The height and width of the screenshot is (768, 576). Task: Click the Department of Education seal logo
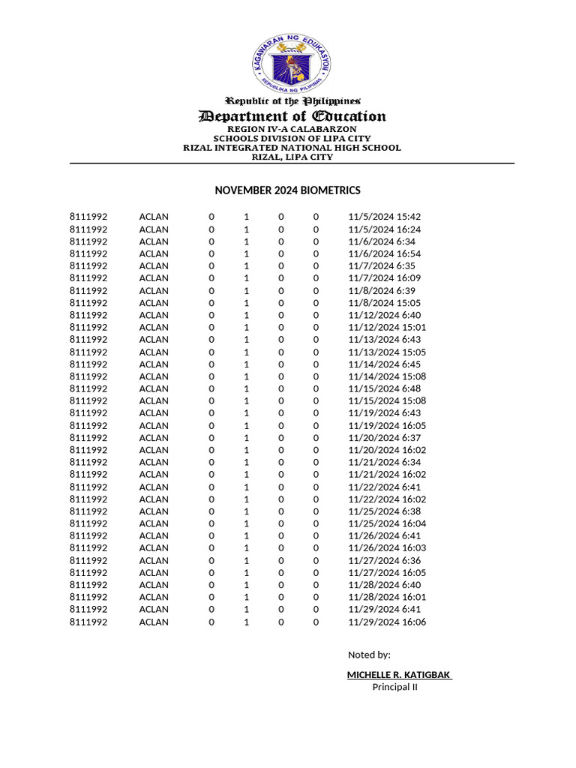click(x=292, y=64)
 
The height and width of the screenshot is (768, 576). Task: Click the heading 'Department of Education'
click(x=292, y=116)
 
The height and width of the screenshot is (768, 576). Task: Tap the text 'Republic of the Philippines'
click(x=293, y=100)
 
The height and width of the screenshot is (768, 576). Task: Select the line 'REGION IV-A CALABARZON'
click(x=292, y=129)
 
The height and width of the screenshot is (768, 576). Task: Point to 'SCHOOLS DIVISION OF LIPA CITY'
click(x=292, y=138)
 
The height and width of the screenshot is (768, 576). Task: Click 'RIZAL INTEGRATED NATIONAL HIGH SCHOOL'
click(x=292, y=148)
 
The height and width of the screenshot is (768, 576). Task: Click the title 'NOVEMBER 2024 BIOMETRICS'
click(x=287, y=190)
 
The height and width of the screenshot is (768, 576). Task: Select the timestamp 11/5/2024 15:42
click(x=385, y=217)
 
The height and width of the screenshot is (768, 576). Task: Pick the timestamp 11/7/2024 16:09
click(x=385, y=278)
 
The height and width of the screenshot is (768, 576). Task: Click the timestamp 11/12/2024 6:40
click(x=385, y=315)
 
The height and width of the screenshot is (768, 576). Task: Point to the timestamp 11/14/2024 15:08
click(x=387, y=376)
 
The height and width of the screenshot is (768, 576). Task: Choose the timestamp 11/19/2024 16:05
click(x=387, y=425)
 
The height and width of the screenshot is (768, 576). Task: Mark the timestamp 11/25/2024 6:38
click(x=385, y=511)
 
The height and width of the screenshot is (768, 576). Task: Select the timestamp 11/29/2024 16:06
click(x=387, y=622)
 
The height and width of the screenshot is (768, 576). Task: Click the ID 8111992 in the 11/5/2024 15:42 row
click(x=88, y=217)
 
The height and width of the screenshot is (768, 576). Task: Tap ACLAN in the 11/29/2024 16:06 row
click(x=154, y=622)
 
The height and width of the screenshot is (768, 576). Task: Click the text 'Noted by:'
click(x=369, y=655)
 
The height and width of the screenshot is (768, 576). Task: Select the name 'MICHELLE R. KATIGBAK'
click(x=399, y=675)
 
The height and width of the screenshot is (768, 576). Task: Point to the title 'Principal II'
click(x=394, y=687)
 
